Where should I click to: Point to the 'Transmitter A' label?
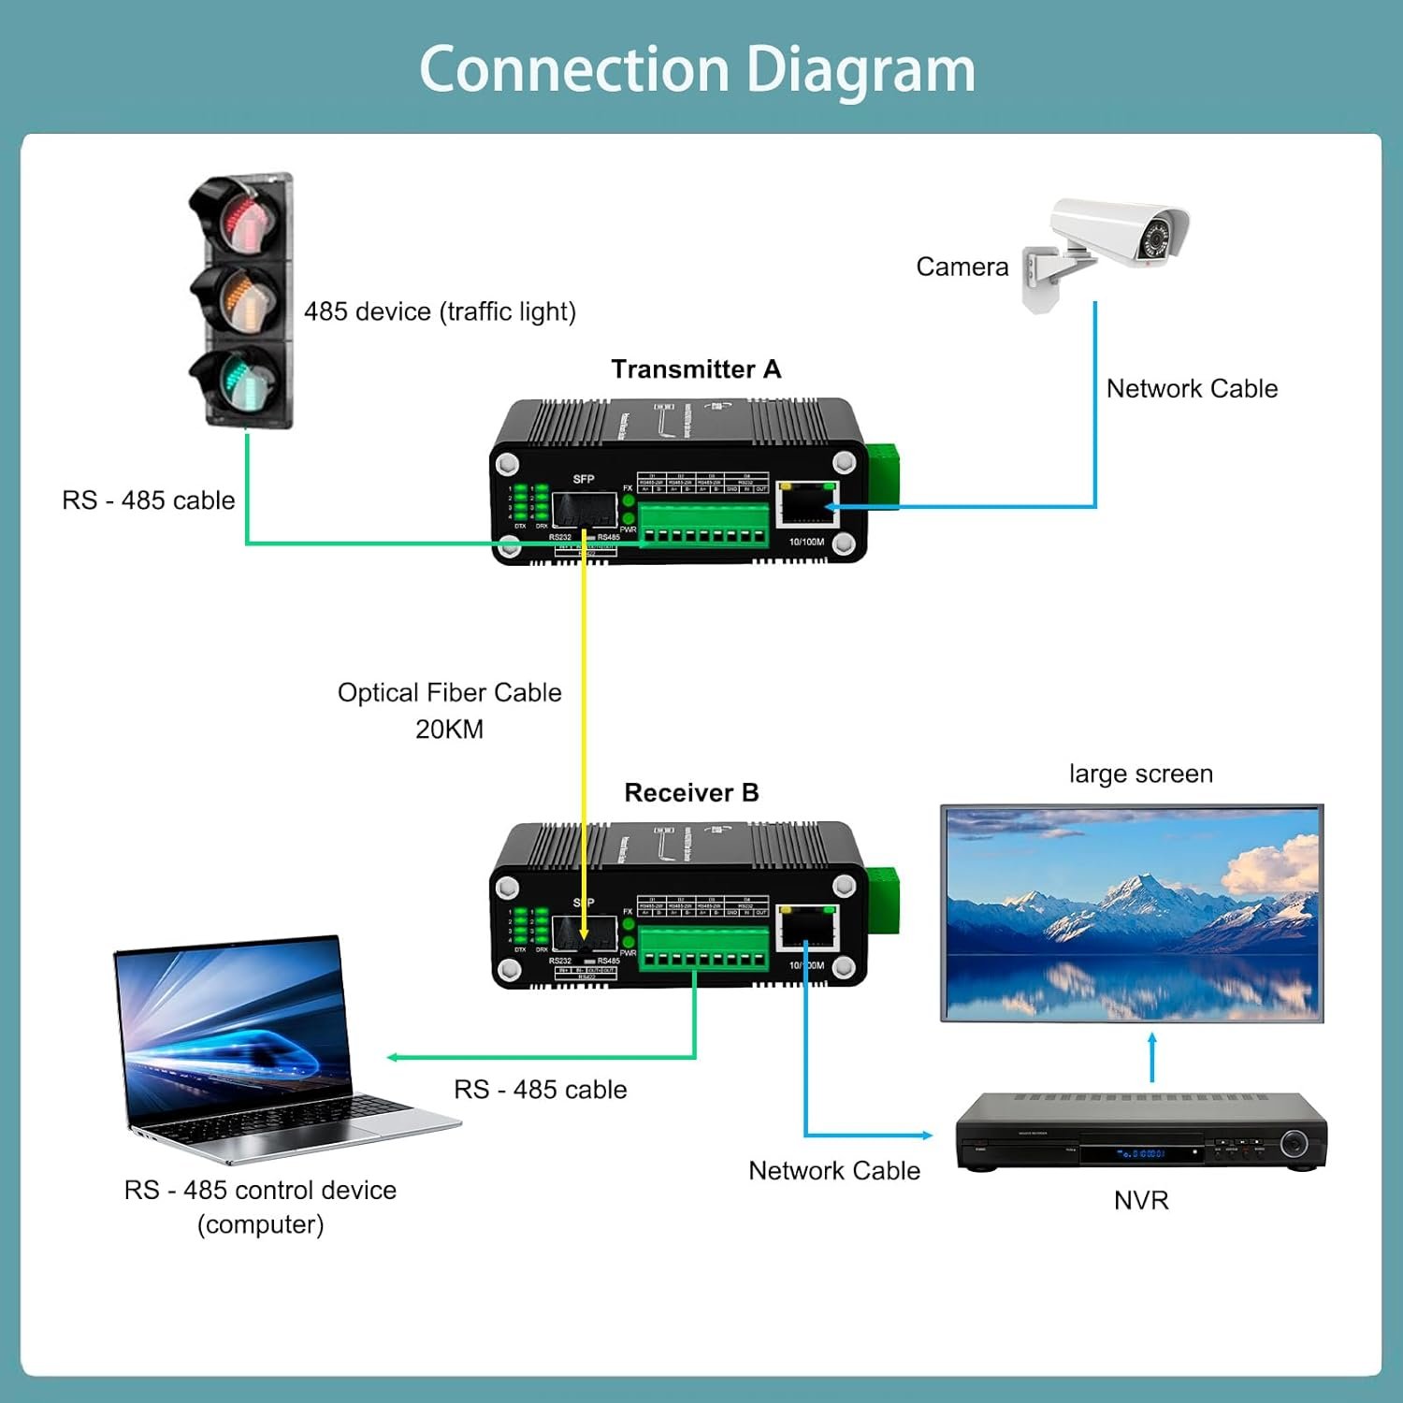696,369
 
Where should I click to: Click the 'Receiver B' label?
691,793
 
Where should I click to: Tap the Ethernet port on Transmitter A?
806,507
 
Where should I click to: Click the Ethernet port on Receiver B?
807,931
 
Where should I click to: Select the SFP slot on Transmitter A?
583,510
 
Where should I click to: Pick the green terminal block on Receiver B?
703,949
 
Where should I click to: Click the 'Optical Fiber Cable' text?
449,693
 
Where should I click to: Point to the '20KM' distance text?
449,730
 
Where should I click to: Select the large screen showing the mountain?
1132,913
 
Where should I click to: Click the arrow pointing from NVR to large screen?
1152,1057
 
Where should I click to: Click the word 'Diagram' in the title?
861,70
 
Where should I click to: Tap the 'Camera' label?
962,268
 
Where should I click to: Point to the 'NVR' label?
1141,1201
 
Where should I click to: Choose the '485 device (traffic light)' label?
440,311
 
